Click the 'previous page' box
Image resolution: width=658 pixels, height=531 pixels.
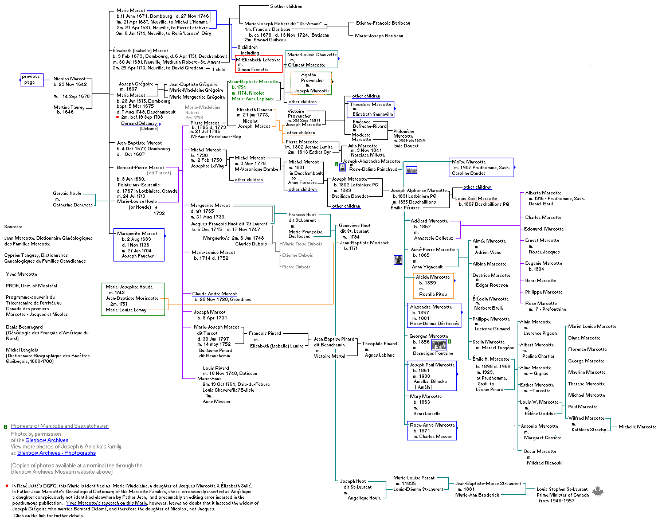[32, 80]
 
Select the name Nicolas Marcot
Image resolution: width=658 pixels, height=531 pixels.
[70, 78]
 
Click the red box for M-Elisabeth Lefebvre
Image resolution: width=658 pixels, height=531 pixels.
[258, 64]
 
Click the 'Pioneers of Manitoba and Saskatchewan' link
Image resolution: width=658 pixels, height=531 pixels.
[60, 426]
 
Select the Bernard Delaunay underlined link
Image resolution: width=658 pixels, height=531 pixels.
[139, 123]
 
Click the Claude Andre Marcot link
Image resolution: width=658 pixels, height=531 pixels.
[214, 294]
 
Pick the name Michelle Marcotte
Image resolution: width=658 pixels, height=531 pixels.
[637, 427]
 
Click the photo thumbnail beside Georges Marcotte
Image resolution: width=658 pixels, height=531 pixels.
[440, 344]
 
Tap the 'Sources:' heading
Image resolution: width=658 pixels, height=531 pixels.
[14, 227]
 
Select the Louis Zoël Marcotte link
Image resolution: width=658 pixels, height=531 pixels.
[476, 198]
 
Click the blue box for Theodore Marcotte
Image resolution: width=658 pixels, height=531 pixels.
[371, 109]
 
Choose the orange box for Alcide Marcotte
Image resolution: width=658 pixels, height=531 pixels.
[434, 286]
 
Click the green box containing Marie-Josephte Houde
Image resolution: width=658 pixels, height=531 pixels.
[133, 298]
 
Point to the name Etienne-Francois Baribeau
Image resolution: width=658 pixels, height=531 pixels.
[383, 24]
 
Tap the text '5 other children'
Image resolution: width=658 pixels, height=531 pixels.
[287, 6]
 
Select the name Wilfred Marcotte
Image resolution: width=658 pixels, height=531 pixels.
[586, 418]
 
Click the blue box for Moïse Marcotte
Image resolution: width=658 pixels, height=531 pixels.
[481, 167]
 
